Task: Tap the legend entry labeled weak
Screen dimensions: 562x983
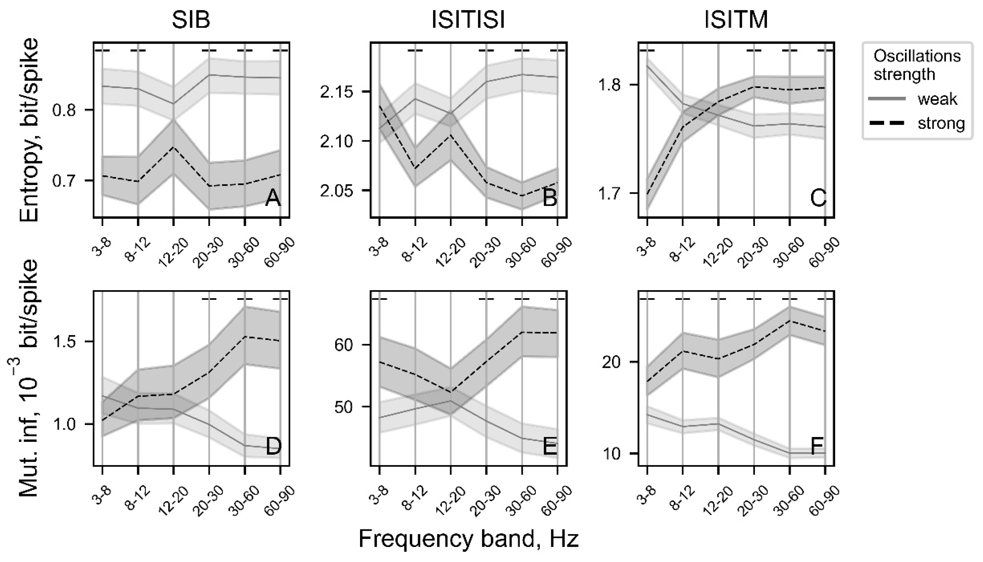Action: click(937, 99)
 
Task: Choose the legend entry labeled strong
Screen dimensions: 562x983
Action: click(941, 124)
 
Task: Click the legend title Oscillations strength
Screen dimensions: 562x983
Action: click(917, 65)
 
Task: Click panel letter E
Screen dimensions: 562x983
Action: click(549, 447)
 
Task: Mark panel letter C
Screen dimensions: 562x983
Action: click(818, 199)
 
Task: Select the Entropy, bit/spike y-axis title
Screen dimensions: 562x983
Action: click(30, 130)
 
